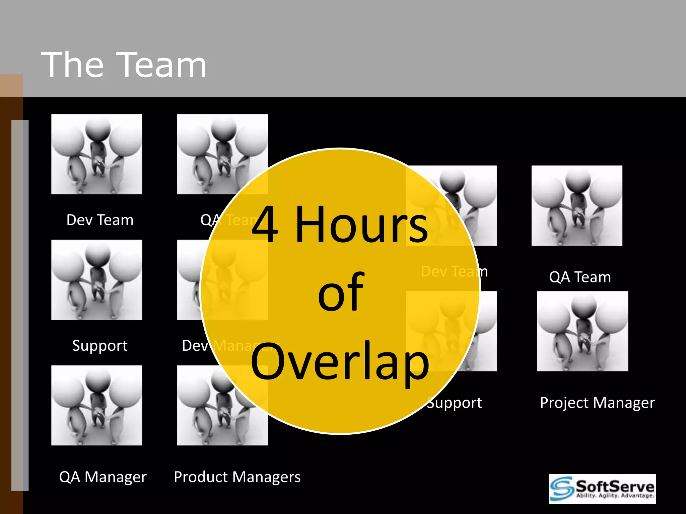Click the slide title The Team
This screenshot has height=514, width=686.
124,65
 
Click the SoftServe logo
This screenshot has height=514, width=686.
602,489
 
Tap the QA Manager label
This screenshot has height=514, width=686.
103,477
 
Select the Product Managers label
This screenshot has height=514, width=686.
237,477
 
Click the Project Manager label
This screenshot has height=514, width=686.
597,403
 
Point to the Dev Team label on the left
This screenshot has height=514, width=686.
100,220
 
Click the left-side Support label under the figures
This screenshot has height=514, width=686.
100,345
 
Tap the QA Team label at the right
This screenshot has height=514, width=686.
580,277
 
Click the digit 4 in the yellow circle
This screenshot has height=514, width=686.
265,224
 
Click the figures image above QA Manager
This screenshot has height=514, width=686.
96,405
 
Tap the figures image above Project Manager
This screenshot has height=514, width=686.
582,331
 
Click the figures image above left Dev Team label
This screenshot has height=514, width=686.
96,154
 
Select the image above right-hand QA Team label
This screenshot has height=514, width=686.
577,205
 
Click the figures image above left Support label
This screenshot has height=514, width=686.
96,280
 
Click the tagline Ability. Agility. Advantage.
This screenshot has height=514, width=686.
615,496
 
